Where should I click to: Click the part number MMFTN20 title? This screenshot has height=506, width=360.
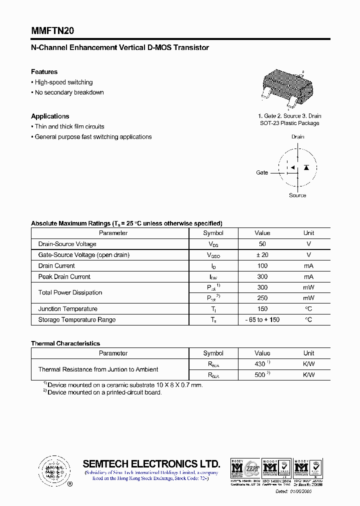tap(52, 30)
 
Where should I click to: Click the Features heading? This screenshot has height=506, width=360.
tap(44, 72)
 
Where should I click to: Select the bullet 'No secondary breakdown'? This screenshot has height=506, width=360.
tap(69, 92)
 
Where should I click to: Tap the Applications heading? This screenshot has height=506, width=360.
tap(50, 116)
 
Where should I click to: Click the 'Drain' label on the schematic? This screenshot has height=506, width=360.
tap(297, 136)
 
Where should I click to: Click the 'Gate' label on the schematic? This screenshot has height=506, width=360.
tap(262, 172)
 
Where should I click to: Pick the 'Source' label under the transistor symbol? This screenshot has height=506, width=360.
tap(297, 195)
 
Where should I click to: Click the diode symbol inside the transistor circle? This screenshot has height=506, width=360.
tap(306, 167)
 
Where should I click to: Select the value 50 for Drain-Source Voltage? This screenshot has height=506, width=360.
tap(262, 244)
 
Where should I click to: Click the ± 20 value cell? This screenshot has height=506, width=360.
tap(262, 255)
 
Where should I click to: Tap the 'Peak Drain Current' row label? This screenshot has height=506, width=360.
tap(64, 276)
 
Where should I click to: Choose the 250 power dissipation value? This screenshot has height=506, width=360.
tap(262, 298)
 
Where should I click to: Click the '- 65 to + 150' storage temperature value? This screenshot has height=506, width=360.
tap(262, 320)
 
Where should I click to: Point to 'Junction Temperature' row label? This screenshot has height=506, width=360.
tap(68, 309)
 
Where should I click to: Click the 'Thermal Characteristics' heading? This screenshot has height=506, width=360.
tap(65, 343)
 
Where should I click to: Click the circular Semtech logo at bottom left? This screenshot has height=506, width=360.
tap(53, 470)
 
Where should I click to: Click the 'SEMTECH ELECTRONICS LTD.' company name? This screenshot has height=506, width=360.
tap(151, 463)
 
